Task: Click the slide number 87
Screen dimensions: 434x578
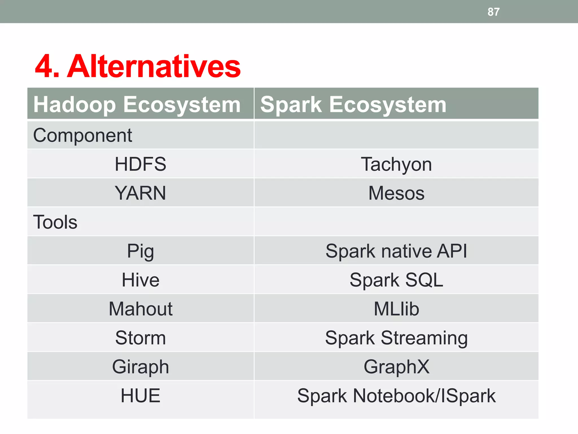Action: (493, 12)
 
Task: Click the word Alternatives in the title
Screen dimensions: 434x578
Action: (154, 67)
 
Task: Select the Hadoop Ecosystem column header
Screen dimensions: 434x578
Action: (137, 105)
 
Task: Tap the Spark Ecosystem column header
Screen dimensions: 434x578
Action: (353, 105)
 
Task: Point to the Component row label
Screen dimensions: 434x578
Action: (82, 135)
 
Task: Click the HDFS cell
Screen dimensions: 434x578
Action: (140, 164)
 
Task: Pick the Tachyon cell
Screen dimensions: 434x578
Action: (396, 164)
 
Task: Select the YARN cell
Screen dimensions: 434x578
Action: (140, 193)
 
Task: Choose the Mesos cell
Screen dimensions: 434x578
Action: (396, 193)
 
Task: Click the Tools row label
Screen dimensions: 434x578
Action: (55, 222)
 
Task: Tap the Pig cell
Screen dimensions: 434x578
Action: (140, 251)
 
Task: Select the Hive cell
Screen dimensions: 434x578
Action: (140, 280)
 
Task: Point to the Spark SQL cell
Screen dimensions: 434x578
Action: (396, 280)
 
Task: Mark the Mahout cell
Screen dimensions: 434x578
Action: (140, 309)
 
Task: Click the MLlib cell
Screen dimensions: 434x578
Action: (396, 309)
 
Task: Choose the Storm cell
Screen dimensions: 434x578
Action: (140, 338)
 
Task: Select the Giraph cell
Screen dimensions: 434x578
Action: (140, 367)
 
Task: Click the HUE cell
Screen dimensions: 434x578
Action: (140, 396)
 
